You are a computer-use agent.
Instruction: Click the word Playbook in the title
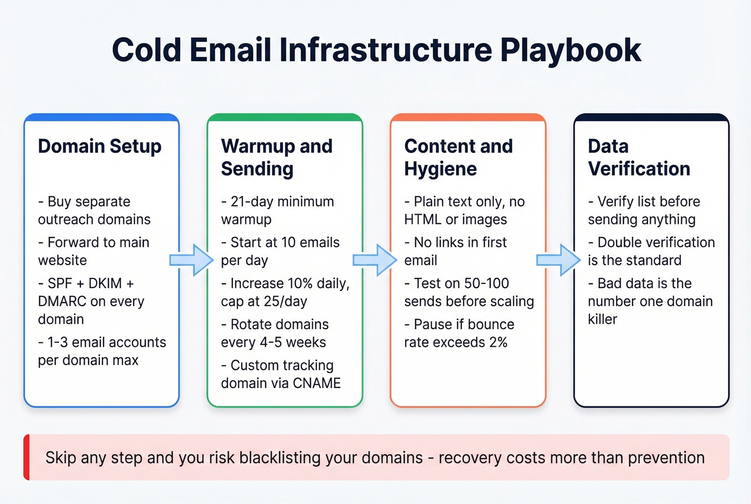(570, 50)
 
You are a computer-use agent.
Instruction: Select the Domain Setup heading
(99, 146)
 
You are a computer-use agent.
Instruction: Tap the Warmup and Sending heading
(276, 157)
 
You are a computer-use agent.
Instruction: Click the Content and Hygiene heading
(458, 157)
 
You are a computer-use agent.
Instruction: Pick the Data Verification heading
(638, 157)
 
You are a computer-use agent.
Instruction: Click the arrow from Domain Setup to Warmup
(192, 260)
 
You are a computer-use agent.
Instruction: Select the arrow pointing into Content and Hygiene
(374, 260)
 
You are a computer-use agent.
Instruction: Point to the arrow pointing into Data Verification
(558, 260)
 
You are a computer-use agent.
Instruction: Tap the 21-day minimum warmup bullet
(277, 210)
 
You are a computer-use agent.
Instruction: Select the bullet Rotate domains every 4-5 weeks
(275, 333)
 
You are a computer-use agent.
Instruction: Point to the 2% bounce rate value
(498, 342)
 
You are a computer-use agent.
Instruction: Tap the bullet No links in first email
(455, 251)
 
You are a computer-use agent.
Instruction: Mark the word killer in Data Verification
(602, 319)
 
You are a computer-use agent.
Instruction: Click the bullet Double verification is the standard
(651, 251)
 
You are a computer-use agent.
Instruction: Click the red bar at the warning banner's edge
(27, 457)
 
